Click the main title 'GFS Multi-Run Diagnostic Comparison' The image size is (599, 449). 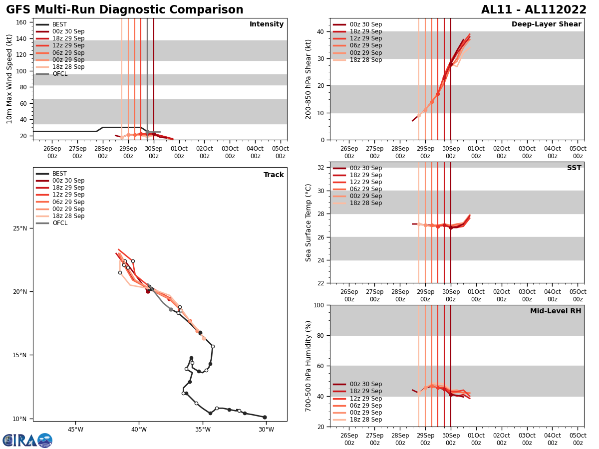[124, 10]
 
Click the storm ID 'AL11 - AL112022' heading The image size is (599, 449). [534, 10]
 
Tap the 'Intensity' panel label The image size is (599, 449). [266, 24]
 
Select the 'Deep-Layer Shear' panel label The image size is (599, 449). [546, 24]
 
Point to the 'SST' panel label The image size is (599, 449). [574, 168]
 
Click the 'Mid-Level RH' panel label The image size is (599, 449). [555, 311]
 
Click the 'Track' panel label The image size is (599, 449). [274, 175]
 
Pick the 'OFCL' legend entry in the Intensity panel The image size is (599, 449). [60, 74]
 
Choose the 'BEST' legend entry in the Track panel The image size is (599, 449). [59, 174]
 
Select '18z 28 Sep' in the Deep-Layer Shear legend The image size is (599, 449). [365, 60]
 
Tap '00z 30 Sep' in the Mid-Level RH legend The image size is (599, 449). [365, 384]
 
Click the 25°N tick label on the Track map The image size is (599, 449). [20, 228]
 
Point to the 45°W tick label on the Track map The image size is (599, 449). [75, 429]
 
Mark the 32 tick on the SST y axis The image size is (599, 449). [321, 168]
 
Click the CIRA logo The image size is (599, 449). [27, 441]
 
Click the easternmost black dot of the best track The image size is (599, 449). [265, 417]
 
